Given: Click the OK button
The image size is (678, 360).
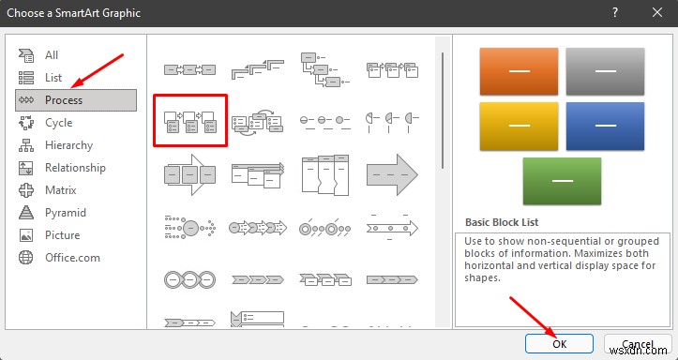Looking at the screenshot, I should [559, 343].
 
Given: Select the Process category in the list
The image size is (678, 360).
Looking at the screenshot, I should [64, 100].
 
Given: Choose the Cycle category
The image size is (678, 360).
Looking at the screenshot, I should [59, 123].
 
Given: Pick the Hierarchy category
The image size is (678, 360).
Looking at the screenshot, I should [68, 145].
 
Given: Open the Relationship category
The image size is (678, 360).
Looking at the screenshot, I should [75, 168].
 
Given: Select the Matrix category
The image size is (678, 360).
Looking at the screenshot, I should [61, 190].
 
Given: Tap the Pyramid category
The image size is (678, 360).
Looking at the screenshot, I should [65, 213].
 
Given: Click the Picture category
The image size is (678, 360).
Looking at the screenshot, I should [62, 235].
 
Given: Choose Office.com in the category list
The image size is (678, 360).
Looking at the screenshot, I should [71, 258].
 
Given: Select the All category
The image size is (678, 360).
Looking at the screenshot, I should [52, 55].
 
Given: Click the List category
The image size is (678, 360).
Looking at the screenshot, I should [53, 78].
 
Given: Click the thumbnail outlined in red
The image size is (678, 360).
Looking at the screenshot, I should [190, 121].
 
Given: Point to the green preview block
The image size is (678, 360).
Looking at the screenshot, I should [562, 181].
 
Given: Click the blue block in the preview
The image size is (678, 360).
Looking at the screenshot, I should [605, 127].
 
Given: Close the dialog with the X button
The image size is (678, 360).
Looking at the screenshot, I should [656, 12].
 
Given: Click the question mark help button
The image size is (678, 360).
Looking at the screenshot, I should [614, 12].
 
